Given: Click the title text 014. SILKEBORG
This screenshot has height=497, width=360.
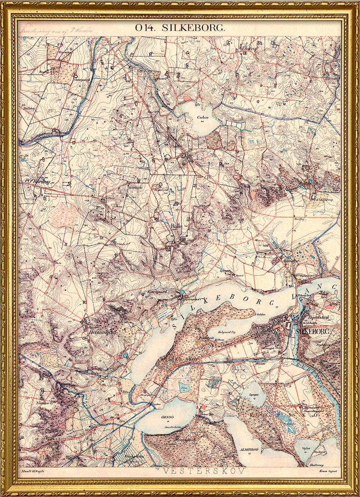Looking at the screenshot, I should (180, 27).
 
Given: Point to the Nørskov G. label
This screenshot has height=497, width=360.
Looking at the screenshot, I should (45, 402).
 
